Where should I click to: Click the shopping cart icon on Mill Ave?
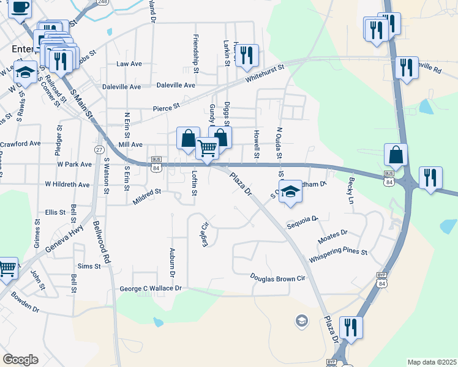(208, 147)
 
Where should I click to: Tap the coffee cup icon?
(20, 8)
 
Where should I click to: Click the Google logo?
(21, 360)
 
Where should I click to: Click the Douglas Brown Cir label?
(277, 277)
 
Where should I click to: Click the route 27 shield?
(99, 149)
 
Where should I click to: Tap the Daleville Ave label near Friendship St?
(176, 86)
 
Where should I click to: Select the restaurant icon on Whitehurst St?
(247, 56)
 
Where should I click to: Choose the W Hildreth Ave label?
(67, 184)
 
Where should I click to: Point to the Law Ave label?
(129, 64)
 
